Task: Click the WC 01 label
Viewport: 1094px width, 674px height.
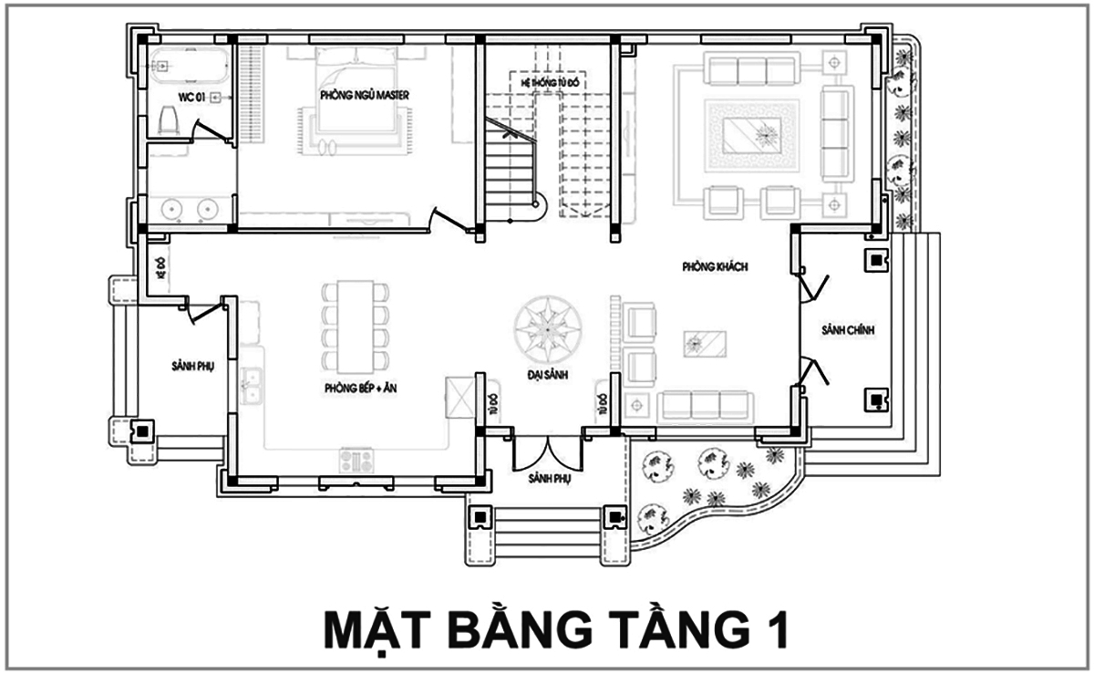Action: click(191, 96)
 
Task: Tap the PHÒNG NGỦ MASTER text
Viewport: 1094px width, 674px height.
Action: click(364, 95)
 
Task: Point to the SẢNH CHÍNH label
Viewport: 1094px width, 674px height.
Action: click(847, 330)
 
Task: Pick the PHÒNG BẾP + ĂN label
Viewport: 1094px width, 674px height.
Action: click(358, 388)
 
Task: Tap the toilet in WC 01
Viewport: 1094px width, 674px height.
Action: click(166, 119)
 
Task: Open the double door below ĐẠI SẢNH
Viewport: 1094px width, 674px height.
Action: click(545, 453)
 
